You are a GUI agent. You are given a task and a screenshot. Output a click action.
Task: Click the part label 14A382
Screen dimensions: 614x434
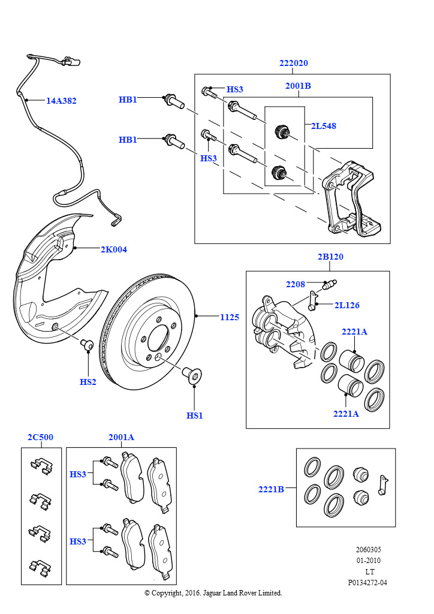pos(61,101)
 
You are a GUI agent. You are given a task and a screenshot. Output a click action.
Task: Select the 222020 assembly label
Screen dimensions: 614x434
pos(293,64)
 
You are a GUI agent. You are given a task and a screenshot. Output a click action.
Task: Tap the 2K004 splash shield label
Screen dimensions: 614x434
pos(113,249)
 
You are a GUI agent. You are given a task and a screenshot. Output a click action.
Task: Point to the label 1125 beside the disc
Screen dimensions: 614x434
pos(229,317)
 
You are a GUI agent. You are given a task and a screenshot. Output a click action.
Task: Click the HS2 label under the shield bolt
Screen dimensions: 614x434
pos(88,382)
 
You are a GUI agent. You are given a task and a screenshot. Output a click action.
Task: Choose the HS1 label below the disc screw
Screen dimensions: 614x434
pos(194,415)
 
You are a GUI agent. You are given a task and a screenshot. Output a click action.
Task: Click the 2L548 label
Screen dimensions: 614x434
pos(323,126)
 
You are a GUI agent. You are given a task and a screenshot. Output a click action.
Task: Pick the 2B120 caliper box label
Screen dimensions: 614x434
pos(330,257)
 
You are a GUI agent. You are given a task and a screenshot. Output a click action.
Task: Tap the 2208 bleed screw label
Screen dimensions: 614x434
pos(295,284)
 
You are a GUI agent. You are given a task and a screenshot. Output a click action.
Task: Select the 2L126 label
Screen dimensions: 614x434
pos(346,305)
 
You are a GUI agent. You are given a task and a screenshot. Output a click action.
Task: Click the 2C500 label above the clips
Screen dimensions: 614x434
pos(40,437)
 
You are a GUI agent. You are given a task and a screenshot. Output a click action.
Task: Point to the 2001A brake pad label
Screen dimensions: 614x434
pos(121,437)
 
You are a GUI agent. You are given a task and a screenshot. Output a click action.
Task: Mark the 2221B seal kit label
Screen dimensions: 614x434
pos(271,489)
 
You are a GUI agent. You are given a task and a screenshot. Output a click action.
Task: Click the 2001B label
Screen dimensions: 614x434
pos(298,86)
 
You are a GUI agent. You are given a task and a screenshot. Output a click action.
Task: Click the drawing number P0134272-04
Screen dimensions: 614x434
pos(367,582)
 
